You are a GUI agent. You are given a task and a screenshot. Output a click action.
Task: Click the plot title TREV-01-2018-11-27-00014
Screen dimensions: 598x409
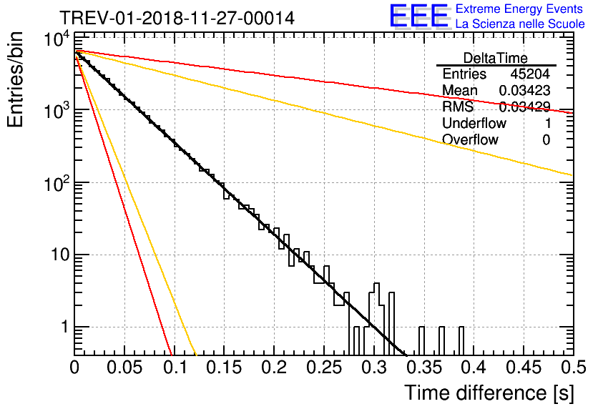click(177, 18)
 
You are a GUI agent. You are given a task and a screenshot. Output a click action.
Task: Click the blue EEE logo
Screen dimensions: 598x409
click(419, 16)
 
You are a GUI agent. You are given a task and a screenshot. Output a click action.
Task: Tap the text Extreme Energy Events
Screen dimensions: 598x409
click(519, 9)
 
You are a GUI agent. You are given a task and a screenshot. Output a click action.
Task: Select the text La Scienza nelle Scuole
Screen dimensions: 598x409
click(520, 24)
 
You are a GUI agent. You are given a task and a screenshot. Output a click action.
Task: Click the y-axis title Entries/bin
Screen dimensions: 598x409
click(15, 79)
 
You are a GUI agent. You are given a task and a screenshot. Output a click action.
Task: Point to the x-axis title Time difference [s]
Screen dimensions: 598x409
click(489, 393)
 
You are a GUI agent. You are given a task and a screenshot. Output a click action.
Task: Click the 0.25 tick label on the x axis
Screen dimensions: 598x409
click(325, 368)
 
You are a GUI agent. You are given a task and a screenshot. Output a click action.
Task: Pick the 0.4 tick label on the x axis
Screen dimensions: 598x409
click(474, 368)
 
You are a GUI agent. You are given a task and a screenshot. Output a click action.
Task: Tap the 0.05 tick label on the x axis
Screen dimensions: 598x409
click(124, 368)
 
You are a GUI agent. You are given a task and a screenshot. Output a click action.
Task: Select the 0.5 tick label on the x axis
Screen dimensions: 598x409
click(574, 368)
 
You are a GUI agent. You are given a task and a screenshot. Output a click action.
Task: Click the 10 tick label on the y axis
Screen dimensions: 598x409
click(61, 255)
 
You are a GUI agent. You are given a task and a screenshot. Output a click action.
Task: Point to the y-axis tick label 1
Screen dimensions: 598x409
click(64, 327)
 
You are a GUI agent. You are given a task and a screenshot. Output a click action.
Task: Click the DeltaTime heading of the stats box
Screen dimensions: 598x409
click(496, 58)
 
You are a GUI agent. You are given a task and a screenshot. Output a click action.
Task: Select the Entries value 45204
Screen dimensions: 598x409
click(530, 74)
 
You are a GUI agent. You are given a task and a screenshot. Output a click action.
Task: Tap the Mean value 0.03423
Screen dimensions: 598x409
click(525, 90)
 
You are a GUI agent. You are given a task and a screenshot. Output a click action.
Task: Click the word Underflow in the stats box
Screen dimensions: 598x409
click(474, 123)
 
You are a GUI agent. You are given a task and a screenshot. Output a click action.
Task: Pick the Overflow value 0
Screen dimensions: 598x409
click(546, 140)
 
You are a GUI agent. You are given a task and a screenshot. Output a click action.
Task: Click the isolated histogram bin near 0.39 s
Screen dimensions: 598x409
click(461, 340)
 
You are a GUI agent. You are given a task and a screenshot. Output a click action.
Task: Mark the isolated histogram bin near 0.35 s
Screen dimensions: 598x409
click(421, 340)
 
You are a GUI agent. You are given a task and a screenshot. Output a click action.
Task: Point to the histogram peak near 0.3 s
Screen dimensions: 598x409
click(377, 284)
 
